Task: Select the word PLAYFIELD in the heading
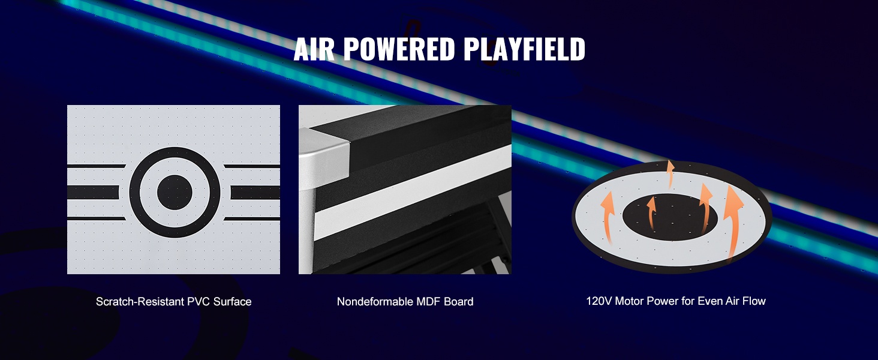point(524,49)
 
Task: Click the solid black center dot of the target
point(175,192)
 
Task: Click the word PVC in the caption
point(199,302)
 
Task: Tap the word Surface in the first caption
point(232,302)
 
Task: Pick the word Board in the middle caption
point(459,302)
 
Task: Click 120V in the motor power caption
point(599,301)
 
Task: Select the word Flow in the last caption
point(753,301)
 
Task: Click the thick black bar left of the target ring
point(93,192)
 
